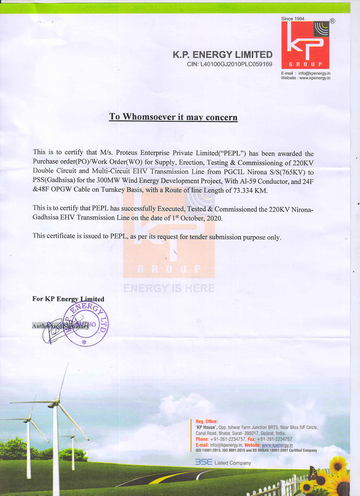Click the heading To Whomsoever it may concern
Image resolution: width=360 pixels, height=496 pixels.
coord(173,118)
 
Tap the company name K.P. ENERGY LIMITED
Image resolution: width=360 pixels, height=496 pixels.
coord(223,55)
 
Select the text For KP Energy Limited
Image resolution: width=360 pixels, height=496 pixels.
coord(68,299)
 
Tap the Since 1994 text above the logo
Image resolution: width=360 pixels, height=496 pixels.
coord(293,19)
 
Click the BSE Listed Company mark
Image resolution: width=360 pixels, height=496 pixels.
coord(223,463)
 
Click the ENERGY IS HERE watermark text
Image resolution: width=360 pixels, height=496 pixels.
coord(169,288)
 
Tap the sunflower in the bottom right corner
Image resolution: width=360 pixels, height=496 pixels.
coord(338,464)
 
